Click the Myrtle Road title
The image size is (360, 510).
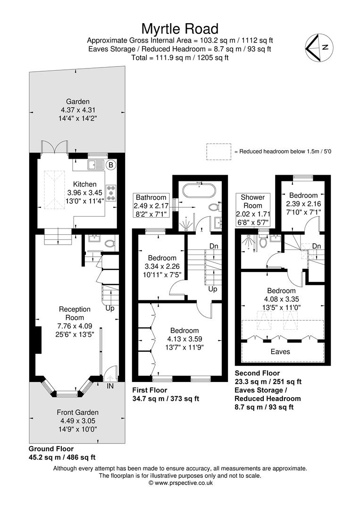click(x=180, y=29)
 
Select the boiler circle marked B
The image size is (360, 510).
click(x=111, y=165)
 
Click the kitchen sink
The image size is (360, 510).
click(x=95, y=165)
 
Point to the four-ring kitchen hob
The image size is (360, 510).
click(x=111, y=193)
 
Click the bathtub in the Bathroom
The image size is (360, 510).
click(x=198, y=190)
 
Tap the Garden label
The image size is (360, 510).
click(x=78, y=102)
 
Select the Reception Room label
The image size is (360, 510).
click(x=75, y=313)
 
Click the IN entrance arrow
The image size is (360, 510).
click(x=109, y=378)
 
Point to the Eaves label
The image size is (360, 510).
click(x=280, y=352)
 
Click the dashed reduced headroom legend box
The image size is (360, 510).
click(x=218, y=152)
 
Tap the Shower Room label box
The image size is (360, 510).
click(x=253, y=210)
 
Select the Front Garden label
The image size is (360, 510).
click(x=78, y=412)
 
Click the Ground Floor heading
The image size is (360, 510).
click(x=51, y=449)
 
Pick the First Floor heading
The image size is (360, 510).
click(x=150, y=390)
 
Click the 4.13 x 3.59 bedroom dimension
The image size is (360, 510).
click(x=184, y=339)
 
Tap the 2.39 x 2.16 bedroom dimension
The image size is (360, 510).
click(x=303, y=204)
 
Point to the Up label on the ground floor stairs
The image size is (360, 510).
click(x=110, y=308)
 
